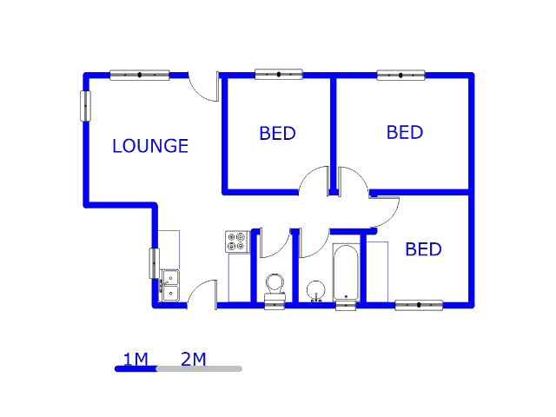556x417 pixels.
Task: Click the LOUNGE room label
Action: [x=150, y=146]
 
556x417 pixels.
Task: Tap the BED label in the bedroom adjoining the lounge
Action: [x=277, y=134]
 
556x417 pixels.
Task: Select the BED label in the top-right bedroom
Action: [x=404, y=133]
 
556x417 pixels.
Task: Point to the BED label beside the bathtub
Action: [x=423, y=250]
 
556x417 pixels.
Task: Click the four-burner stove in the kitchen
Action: [x=237, y=242]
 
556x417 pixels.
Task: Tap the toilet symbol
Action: [x=275, y=284]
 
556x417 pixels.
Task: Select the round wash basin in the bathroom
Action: [x=315, y=289]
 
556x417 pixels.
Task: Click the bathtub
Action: [x=346, y=270]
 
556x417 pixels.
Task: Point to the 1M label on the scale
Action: [x=136, y=359]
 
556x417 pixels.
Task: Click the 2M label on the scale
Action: [x=193, y=359]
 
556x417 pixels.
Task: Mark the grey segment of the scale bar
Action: [x=199, y=369]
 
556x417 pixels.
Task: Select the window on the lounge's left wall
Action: [x=85, y=106]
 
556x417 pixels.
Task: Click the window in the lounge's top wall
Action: [x=139, y=75]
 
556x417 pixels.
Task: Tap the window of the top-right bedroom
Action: [x=400, y=75]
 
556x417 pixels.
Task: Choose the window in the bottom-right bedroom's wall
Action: [x=419, y=305]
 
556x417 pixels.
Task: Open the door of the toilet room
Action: [x=274, y=243]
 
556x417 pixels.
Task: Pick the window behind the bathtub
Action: [x=346, y=305]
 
